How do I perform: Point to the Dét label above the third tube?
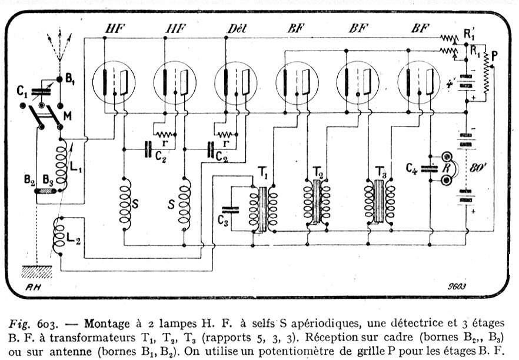[x=235, y=28]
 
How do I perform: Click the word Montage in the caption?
[x=104, y=324]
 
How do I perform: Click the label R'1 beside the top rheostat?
[x=469, y=34]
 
